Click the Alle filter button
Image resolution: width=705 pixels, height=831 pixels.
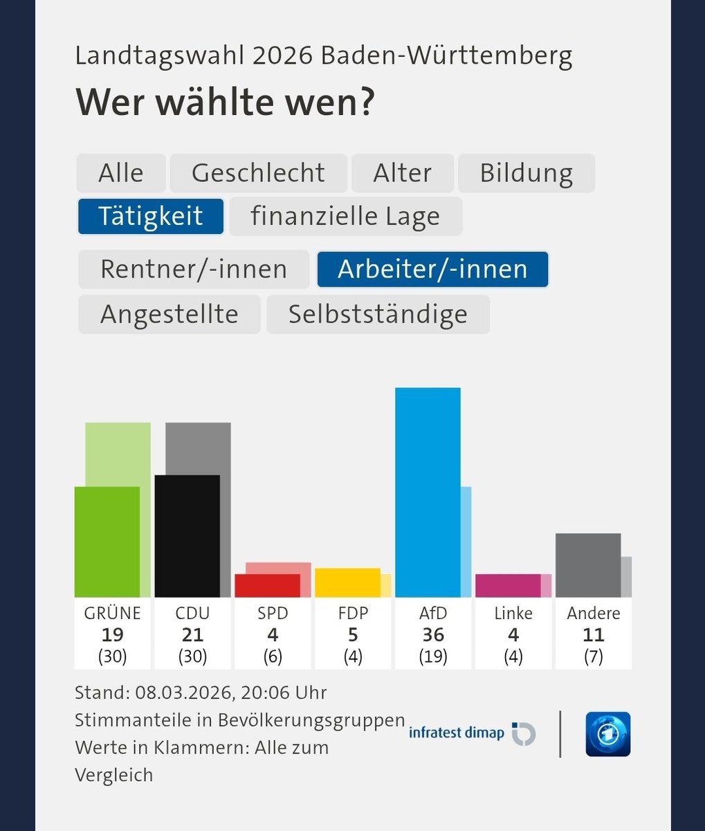pyautogui.click(x=121, y=173)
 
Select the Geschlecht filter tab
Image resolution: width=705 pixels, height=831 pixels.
pyautogui.click(x=258, y=173)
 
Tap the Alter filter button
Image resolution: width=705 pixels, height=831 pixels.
pyautogui.click(x=402, y=173)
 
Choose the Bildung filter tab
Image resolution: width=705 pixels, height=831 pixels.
pyautogui.click(x=526, y=173)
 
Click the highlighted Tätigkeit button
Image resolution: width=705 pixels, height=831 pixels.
pyautogui.click(x=150, y=216)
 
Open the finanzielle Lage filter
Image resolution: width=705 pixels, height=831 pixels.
pyautogui.click(x=345, y=216)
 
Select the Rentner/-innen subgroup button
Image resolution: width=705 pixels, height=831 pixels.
pyautogui.click(x=194, y=269)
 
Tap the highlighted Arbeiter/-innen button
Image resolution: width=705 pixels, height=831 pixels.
pyautogui.click(x=432, y=269)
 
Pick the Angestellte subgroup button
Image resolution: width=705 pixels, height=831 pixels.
pyautogui.click(x=170, y=314)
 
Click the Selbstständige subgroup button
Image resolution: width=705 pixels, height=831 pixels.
pyautogui.click(x=378, y=314)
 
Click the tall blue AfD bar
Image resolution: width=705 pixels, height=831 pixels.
pyautogui.click(x=428, y=492)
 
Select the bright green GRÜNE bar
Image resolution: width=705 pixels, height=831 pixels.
pyautogui.click(x=107, y=542)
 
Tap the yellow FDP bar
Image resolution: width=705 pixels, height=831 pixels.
pyautogui.click(x=347, y=582)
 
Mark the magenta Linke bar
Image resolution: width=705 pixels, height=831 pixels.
pyautogui.click(x=508, y=585)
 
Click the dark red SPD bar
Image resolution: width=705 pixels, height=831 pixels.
pyautogui.click(x=267, y=585)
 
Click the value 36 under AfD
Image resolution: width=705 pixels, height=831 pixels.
pyautogui.click(x=433, y=634)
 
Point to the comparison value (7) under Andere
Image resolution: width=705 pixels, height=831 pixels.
pyautogui.click(x=593, y=656)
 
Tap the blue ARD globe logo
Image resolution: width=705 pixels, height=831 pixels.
pyautogui.click(x=607, y=733)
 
